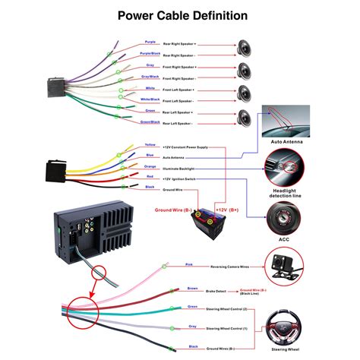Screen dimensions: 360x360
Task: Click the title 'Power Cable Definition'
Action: pos(180,15)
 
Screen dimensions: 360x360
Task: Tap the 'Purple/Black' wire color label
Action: pos(150,54)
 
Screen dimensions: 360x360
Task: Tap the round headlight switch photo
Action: pos(285,167)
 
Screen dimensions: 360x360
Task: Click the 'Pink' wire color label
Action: pos(188,264)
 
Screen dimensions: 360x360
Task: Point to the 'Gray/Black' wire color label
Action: pos(150,77)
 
